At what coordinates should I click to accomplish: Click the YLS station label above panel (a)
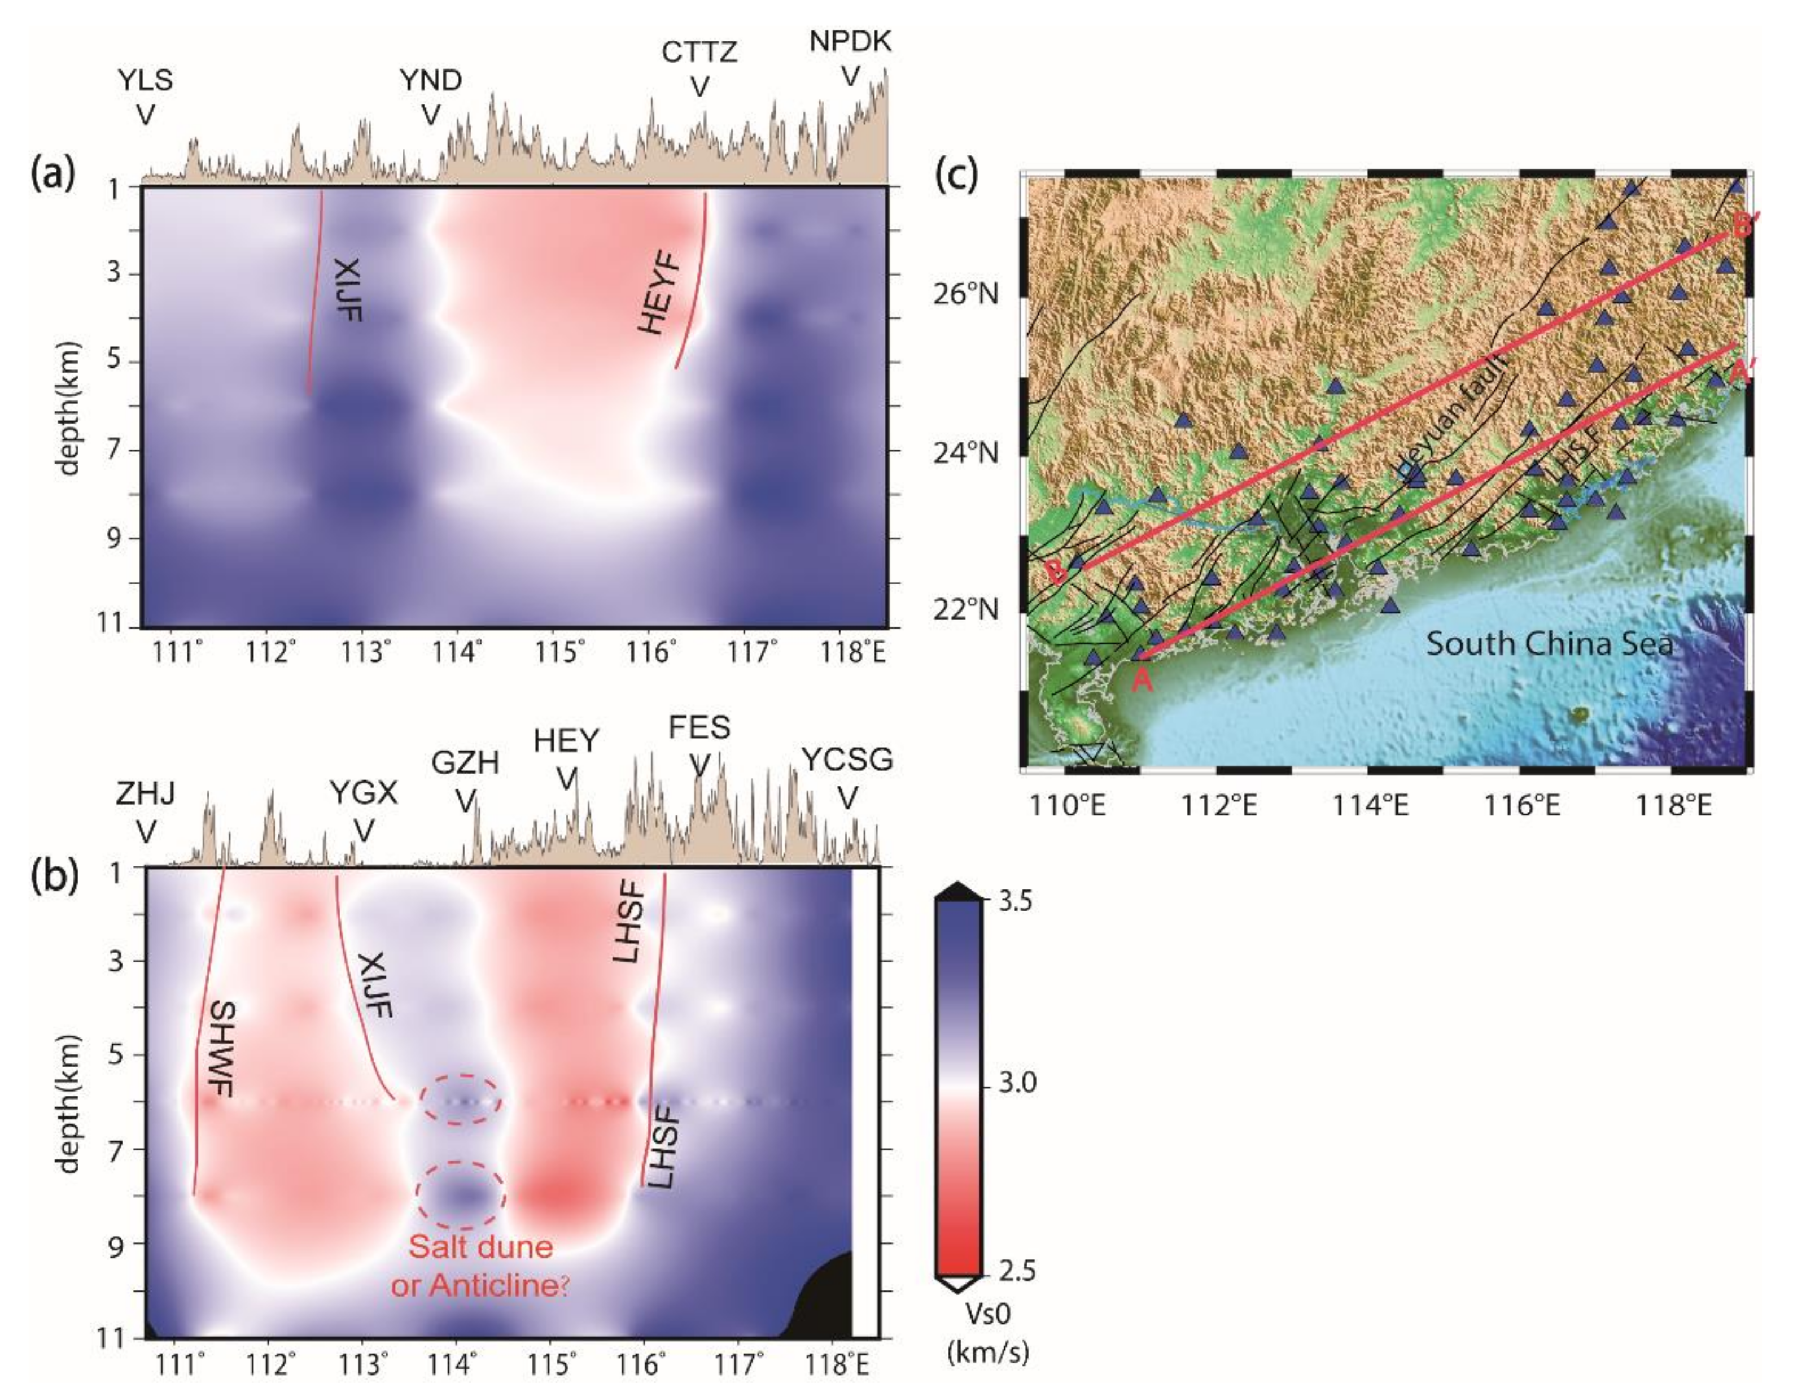pos(145,81)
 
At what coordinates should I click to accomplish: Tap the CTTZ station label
pos(699,53)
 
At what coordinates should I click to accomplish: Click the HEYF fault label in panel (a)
pos(661,294)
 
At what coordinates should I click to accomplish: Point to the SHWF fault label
pos(222,1049)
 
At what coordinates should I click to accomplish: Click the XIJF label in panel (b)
pos(374,985)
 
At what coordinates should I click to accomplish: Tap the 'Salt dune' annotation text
pos(481,1246)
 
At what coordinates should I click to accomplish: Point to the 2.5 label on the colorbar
pos(1016,1271)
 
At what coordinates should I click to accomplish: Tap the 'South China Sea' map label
pos(1549,643)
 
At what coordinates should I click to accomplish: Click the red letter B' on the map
pos(1742,224)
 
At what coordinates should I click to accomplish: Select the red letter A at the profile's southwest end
pos(1142,680)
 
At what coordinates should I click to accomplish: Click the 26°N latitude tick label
pos(965,293)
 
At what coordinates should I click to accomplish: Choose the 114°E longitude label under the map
pos(1370,805)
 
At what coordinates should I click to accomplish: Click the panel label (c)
pos(956,175)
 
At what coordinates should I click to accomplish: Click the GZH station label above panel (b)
pos(466,763)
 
